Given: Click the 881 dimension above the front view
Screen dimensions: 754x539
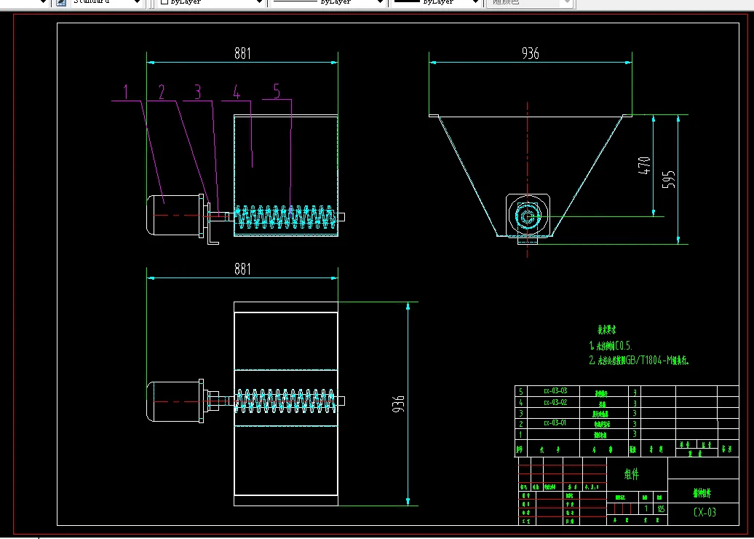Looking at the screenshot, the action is pyautogui.click(x=242, y=53).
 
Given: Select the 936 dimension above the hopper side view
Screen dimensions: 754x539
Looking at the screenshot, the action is pyautogui.click(x=531, y=53).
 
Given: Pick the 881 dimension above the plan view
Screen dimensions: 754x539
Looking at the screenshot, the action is pyautogui.click(x=242, y=269).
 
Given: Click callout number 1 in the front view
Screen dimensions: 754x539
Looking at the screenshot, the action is pyautogui.click(x=126, y=92).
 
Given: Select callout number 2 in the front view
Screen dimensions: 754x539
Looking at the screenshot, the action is pyautogui.click(x=162, y=92).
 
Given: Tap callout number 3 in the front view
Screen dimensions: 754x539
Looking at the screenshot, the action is pyautogui.click(x=197, y=92).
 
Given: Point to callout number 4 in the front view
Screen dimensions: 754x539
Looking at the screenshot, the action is pyautogui.click(x=236, y=92).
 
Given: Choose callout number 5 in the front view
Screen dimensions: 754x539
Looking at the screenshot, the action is pyautogui.click(x=277, y=91).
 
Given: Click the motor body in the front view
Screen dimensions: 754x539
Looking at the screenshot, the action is pyautogui.click(x=174, y=215).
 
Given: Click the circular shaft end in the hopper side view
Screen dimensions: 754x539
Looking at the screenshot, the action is pyautogui.click(x=527, y=216).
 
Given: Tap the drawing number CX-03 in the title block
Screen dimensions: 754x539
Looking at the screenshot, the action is pyautogui.click(x=704, y=512).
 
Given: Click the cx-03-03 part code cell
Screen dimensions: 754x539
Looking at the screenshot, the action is pyautogui.click(x=555, y=391).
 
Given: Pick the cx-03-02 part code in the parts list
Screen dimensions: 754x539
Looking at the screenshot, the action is pyautogui.click(x=555, y=401).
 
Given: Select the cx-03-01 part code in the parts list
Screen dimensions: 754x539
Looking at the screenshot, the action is pyautogui.click(x=555, y=422).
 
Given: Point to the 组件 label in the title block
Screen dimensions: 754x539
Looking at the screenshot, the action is pyautogui.click(x=632, y=474).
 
